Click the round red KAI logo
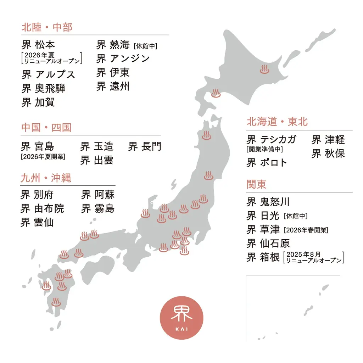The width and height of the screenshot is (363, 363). (181, 318)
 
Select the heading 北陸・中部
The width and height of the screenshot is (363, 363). (47, 27)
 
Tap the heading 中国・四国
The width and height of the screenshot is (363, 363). (46, 128)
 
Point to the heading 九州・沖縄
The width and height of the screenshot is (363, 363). (46, 178)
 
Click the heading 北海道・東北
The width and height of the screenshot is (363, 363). (277, 122)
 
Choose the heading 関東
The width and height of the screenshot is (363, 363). (256, 185)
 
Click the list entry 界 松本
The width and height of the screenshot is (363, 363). (38, 45)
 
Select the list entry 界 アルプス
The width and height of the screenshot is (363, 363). (48, 74)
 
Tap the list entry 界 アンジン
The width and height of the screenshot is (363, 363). (123, 58)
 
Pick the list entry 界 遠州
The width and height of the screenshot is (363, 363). (113, 86)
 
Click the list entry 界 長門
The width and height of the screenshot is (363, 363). (145, 146)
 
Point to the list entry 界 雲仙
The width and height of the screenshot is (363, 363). (37, 222)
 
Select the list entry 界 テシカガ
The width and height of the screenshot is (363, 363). (271, 139)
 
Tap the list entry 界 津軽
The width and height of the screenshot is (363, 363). (328, 140)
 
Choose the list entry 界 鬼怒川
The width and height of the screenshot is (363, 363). (268, 202)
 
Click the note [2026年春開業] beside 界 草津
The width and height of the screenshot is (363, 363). (306, 230)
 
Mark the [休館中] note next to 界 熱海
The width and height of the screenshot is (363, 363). (145, 46)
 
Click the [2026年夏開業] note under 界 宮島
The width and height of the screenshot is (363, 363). (43, 156)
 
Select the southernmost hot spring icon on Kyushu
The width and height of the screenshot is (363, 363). (56, 302)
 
